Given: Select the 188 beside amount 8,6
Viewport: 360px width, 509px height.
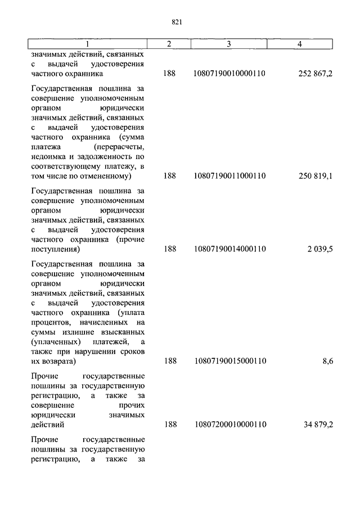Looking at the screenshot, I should (169, 361).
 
